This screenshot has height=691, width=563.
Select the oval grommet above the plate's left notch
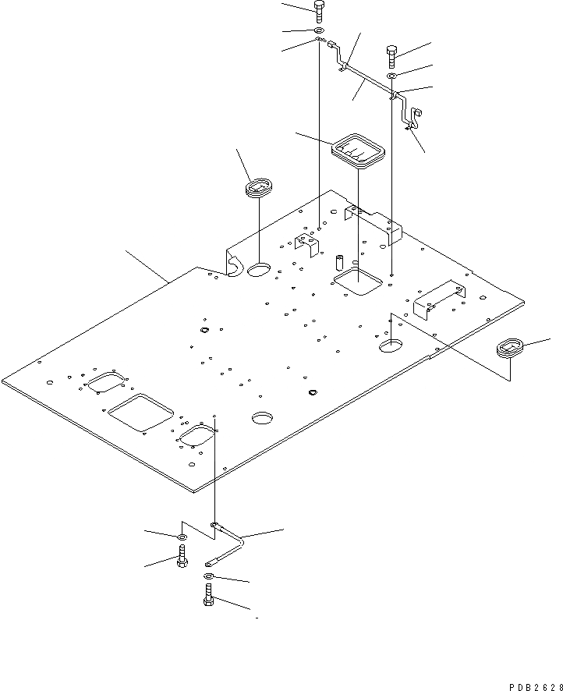pyautogui.click(x=258, y=188)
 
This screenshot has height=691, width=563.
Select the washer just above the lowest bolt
pyautogui.click(x=209, y=576)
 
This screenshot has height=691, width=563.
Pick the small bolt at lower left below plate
pyautogui.click(x=181, y=557)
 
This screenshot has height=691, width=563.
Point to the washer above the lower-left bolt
pyautogui.click(x=181, y=537)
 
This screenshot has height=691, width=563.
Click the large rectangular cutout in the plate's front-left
pyautogui.click(x=140, y=412)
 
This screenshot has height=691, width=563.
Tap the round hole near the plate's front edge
pyautogui.click(x=263, y=418)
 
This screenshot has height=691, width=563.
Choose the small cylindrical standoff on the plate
pyautogui.click(x=340, y=260)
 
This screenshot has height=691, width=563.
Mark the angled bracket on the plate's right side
pyautogui.click(x=439, y=298)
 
